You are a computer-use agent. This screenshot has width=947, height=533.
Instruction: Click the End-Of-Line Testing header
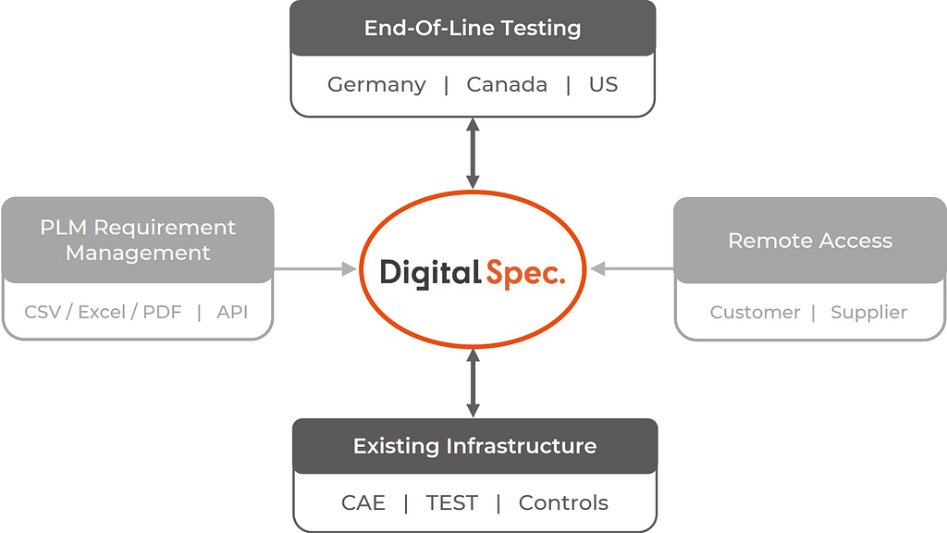[473, 28]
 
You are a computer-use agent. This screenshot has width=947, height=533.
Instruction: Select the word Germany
[377, 85]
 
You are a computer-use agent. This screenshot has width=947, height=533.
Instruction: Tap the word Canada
[507, 84]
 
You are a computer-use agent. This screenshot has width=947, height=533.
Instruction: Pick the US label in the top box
[603, 84]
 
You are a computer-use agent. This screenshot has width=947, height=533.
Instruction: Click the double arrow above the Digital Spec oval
[473, 154]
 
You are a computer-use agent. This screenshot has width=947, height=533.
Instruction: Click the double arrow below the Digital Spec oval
[473, 382]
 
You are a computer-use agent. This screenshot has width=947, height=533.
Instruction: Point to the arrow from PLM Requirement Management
[315, 269]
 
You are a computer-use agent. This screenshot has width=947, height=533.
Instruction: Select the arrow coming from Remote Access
[632, 269]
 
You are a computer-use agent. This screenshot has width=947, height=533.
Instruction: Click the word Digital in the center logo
[430, 273]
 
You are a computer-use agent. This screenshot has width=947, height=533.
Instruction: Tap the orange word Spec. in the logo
[525, 274]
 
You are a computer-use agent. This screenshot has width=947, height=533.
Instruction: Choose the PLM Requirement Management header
[138, 240]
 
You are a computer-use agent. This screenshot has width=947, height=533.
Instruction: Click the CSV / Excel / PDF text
[103, 312]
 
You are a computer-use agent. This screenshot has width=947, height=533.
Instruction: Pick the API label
[232, 312]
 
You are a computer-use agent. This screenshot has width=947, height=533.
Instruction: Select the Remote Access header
[810, 241]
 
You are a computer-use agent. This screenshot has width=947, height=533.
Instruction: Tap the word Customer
[755, 313]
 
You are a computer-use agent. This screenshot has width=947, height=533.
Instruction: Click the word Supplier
[868, 313]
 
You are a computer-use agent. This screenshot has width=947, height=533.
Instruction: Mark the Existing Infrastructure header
[474, 446]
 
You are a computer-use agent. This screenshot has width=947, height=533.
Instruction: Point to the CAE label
[363, 502]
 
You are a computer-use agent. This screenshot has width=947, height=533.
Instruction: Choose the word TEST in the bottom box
[451, 502]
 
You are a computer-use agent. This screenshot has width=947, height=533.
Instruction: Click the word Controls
[563, 502]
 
